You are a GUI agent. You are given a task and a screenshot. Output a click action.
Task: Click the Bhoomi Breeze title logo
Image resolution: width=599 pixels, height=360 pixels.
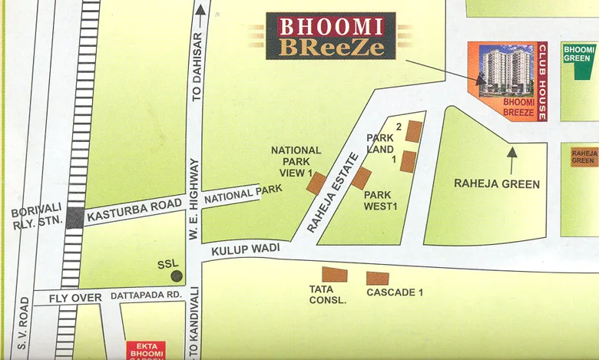click(331, 36)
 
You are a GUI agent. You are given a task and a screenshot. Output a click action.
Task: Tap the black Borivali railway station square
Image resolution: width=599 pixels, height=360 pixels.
click(74, 217)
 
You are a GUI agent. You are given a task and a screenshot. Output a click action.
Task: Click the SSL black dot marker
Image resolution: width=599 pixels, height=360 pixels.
click(177, 275)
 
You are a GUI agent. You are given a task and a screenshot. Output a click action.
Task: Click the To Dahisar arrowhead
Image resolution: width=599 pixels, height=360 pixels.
click(200, 9)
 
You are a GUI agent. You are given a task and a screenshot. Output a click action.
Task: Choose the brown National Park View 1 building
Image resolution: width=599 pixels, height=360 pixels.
click(317, 183)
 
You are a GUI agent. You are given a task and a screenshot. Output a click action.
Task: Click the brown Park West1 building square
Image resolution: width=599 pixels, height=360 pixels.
click(361, 178)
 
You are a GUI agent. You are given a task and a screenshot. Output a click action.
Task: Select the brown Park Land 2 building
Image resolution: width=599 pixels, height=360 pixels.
click(414, 131)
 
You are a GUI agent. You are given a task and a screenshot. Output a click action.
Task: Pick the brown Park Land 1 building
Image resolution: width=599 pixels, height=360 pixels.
click(408, 161)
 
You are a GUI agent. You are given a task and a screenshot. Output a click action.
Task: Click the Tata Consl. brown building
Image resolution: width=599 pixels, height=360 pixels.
click(334, 275)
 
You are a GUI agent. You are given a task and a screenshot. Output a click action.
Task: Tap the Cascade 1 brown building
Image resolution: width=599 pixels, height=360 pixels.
click(377, 279)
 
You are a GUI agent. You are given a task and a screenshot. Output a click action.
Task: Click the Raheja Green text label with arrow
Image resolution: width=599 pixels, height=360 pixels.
click(497, 183)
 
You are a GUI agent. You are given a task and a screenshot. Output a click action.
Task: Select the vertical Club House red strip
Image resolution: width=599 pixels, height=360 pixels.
click(541, 82)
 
